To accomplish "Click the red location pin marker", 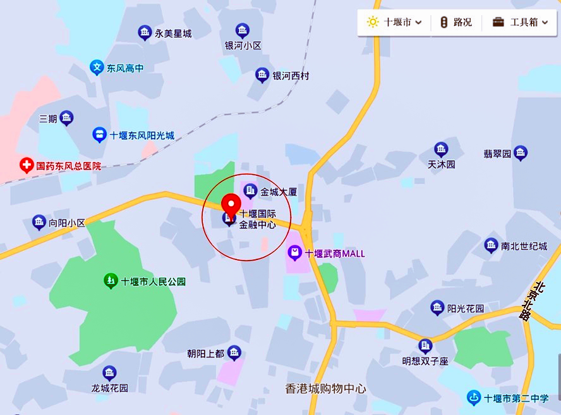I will click(x=231, y=206).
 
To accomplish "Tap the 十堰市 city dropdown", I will click(x=394, y=22).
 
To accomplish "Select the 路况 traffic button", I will click(x=456, y=22).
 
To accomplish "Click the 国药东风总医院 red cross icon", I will click(x=27, y=166).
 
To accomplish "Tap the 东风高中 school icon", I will click(x=97, y=68).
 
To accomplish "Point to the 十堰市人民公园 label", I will click(x=154, y=282).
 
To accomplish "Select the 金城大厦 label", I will click(x=279, y=191).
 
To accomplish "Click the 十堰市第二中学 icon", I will click(x=474, y=398).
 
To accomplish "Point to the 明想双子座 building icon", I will click(x=425, y=345).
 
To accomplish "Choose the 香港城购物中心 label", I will click(x=325, y=388).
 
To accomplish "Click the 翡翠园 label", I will click(x=497, y=154).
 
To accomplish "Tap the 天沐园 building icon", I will click(x=442, y=149).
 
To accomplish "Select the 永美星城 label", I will click(x=173, y=34).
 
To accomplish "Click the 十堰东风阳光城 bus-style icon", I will click(x=99, y=135).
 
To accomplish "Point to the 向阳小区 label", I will click(x=67, y=223).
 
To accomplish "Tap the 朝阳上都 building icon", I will click(x=234, y=352).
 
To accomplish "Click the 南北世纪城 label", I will click(x=524, y=246).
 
